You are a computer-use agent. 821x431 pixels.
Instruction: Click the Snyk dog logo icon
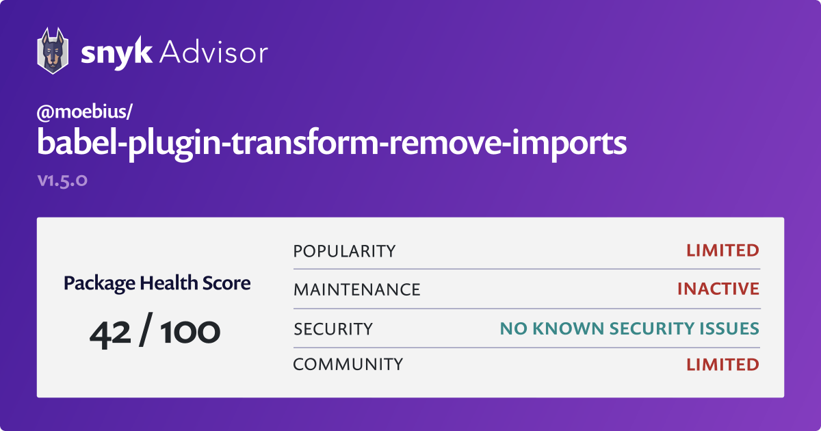[53, 51]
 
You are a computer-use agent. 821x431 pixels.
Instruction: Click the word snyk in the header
[115, 53]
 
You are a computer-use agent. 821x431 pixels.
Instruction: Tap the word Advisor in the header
[213, 52]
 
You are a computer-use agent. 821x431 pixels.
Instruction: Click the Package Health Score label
[157, 283]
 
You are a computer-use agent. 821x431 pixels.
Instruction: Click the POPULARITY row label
[344, 251]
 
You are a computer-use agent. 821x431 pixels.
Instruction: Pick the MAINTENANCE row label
[356, 289]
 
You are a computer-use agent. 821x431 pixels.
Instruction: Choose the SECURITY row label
[333, 329]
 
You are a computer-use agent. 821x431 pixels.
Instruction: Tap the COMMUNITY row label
[348, 364]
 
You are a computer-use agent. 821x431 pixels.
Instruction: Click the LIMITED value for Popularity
[722, 250]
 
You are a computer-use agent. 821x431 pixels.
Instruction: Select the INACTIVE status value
[718, 289]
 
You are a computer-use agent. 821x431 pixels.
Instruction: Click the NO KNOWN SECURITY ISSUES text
[629, 329]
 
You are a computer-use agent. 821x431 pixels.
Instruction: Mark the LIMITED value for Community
[722, 364]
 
